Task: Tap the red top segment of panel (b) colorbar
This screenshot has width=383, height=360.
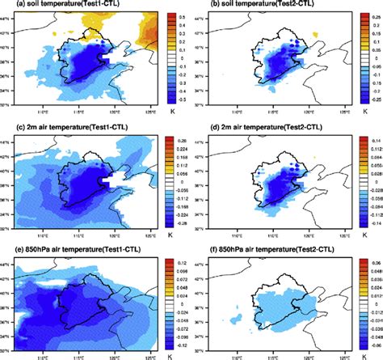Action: tap(363, 16)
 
